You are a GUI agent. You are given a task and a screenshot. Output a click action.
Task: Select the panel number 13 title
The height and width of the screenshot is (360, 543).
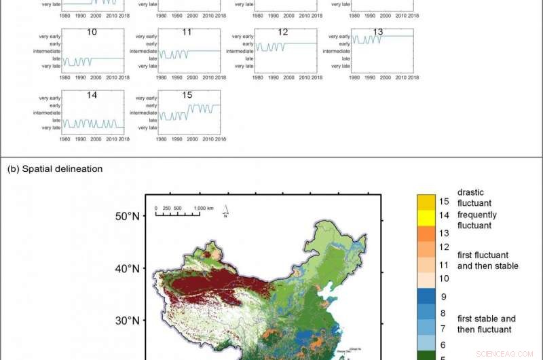[378, 32]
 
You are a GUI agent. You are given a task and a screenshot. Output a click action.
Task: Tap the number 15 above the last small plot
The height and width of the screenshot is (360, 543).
[187, 95]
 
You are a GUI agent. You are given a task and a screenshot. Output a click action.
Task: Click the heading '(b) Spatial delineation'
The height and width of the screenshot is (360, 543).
[55, 168]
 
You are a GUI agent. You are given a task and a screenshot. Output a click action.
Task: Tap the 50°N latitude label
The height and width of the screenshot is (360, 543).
[126, 217]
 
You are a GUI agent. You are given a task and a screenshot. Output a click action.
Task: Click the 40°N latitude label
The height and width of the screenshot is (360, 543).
[126, 268]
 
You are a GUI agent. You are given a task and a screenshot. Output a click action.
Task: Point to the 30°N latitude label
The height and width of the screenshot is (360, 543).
[126, 320]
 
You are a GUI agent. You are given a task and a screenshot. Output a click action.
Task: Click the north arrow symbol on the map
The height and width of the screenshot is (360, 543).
[225, 213]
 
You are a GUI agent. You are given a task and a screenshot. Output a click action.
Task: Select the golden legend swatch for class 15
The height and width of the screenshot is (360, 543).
[426, 202]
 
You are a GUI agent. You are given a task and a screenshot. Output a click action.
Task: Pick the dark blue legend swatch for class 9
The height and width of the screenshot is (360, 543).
[426, 296]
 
